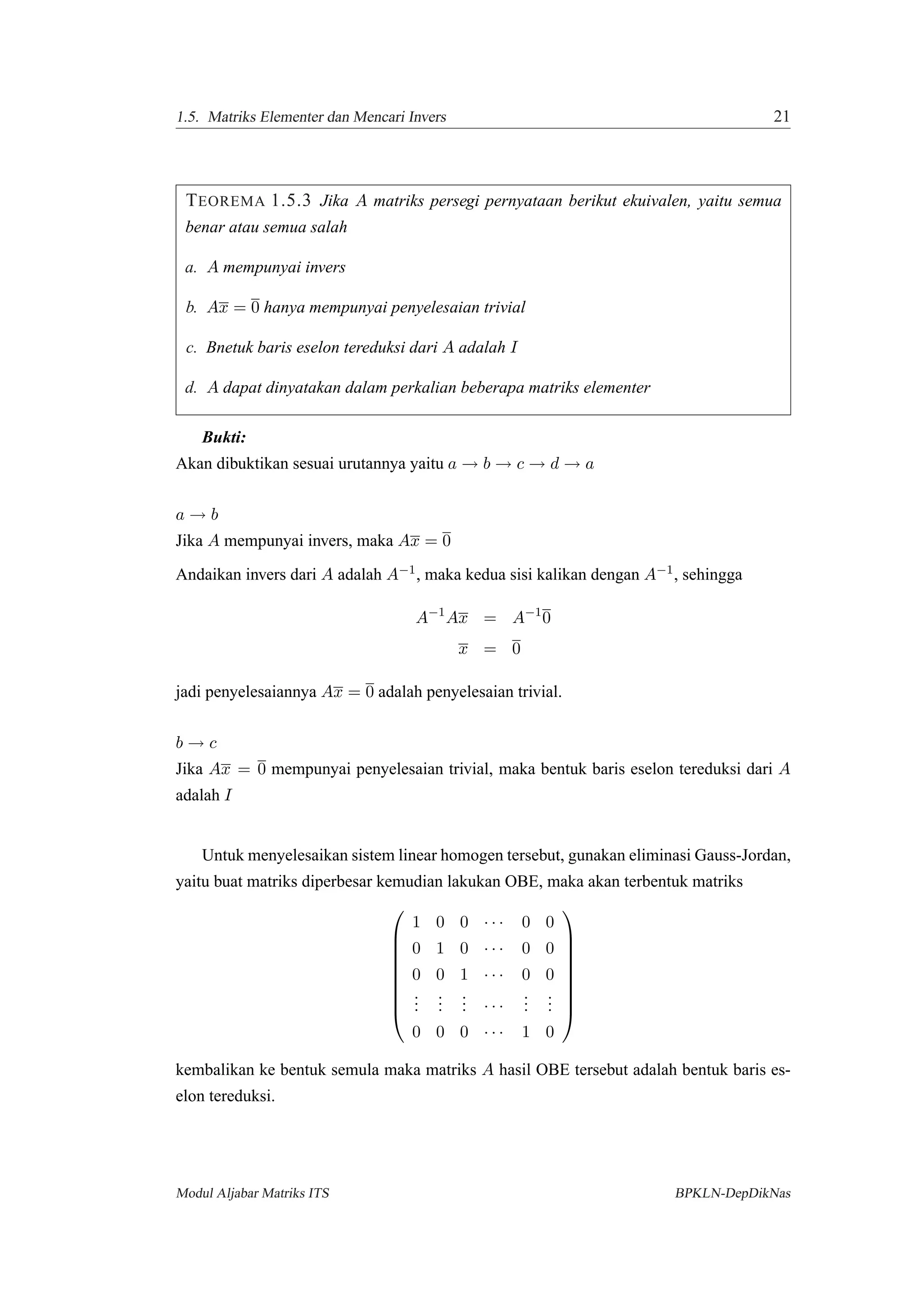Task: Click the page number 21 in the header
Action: tap(781, 117)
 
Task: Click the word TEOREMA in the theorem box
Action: tap(225, 201)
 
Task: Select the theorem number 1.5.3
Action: tap(290, 201)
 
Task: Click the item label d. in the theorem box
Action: tap(191, 388)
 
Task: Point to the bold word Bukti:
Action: tap(224, 438)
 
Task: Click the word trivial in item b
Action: tap(504, 308)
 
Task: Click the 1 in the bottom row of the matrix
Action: tap(525, 1032)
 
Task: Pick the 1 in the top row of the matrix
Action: tap(416, 922)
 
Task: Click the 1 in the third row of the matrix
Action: tap(464, 975)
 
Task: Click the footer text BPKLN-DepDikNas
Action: tap(732, 1193)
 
